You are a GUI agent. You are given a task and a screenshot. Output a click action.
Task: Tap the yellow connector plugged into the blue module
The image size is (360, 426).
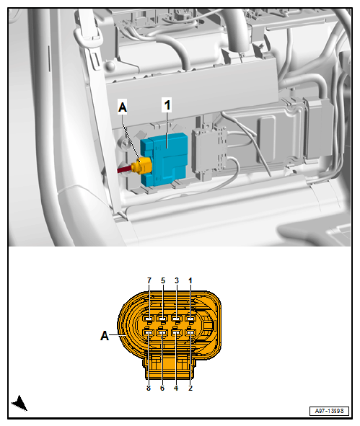click(146, 167)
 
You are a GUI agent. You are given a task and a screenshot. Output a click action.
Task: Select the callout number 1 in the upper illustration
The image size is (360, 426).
click(167, 105)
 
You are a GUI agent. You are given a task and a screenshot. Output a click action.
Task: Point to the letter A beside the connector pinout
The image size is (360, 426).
click(105, 335)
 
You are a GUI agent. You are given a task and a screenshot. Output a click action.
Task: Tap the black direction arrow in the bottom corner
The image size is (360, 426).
click(19, 403)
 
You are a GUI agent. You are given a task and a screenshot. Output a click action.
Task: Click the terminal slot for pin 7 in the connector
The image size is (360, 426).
click(149, 318)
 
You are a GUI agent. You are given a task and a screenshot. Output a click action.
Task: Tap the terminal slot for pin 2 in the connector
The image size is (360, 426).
click(190, 333)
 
